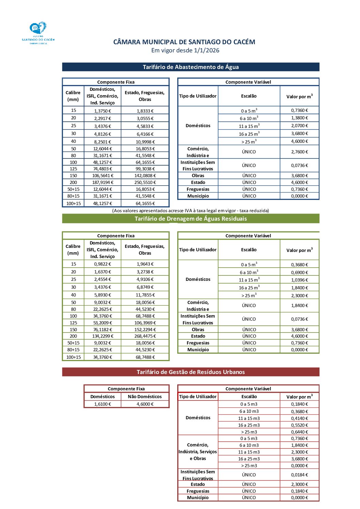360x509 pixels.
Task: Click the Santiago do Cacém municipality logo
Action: click(x=38, y=33)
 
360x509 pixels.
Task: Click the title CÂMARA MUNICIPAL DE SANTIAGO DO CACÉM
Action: click(x=184, y=42)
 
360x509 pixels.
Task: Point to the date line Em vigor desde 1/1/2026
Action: click(x=185, y=50)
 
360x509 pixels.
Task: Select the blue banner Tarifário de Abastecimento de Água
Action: click(x=191, y=67)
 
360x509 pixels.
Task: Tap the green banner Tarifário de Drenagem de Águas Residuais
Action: click(x=191, y=219)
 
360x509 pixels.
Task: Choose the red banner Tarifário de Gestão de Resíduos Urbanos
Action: click(x=191, y=372)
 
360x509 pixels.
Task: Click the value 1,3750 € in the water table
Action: click(x=102, y=111)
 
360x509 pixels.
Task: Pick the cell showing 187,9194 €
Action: click(x=102, y=182)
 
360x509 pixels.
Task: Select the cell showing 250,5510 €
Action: click(x=145, y=182)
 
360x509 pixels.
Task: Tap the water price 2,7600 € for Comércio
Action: click(x=299, y=152)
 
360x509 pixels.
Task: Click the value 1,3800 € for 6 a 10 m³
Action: click(x=299, y=118)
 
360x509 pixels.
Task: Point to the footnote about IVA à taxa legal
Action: click(x=191, y=210)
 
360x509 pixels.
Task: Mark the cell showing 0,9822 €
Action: click(x=102, y=264)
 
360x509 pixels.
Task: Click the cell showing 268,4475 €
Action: click(x=145, y=336)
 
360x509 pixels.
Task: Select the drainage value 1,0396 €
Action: click(x=299, y=280)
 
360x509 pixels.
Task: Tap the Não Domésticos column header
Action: click(x=145, y=396)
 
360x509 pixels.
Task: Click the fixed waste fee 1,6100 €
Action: click(x=102, y=404)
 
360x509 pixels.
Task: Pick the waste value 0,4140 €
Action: click(x=299, y=418)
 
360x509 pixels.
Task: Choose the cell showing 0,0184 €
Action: click(x=299, y=475)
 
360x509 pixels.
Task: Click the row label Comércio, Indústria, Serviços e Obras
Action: click(x=198, y=452)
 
